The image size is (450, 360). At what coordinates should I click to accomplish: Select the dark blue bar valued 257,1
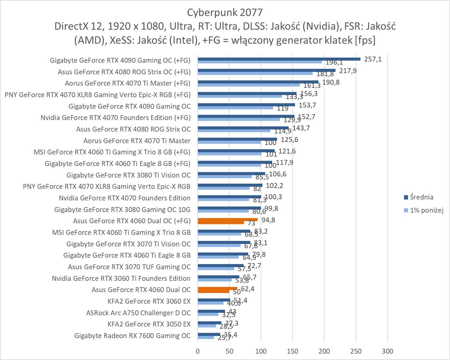[x=279, y=59]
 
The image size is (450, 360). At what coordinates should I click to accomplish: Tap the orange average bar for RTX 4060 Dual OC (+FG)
[x=227, y=219]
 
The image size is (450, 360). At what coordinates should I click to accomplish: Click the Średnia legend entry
[x=418, y=197]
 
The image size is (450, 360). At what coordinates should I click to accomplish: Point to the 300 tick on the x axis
[x=387, y=352]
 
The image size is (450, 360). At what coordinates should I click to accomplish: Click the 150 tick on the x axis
[x=293, y=352]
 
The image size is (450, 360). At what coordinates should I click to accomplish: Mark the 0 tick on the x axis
[x=198, y=352]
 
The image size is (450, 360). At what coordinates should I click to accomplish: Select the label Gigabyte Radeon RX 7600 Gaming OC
[x=133, y=336]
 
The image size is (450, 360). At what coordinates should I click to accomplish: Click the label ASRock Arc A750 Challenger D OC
[x=139, y=313]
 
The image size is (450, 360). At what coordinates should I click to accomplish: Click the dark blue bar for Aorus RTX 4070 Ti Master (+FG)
[x=258, y=82]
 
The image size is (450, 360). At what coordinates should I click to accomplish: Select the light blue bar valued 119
[x=235, y=108]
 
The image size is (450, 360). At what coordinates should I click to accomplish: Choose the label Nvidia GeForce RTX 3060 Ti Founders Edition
[x=121, y=278]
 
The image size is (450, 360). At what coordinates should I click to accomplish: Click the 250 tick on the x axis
[x=356, y=352]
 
